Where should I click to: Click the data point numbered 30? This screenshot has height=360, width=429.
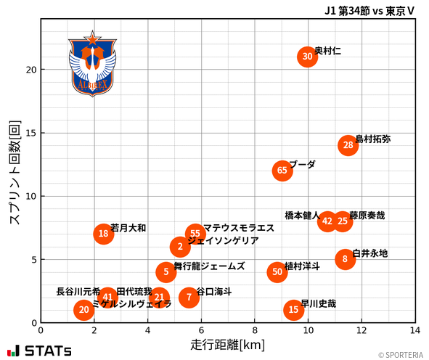click(307, 57)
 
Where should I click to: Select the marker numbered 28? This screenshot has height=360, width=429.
click(348, 145)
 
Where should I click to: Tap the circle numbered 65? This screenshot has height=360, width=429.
click(282, 171)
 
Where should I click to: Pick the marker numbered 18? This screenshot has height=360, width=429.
click(104, 234)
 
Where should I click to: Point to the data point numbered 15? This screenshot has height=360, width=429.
click(293, 310)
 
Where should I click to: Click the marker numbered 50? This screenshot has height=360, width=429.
click(277, 272)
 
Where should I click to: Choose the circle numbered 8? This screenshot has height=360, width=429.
click(345, 259)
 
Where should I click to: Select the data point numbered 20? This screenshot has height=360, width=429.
click(84, 310)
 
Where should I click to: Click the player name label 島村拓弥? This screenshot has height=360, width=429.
click(372, 139)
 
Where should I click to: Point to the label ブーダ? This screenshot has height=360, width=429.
click(302, 165)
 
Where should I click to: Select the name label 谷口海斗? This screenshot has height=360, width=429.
click(214, 291)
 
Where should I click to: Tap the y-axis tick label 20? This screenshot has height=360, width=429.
click(29, 70)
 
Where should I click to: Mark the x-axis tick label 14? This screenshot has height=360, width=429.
click(415, 330)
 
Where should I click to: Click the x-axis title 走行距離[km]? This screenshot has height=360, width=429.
click(227, 344)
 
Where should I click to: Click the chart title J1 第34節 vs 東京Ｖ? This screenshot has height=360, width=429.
click(370, 10)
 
